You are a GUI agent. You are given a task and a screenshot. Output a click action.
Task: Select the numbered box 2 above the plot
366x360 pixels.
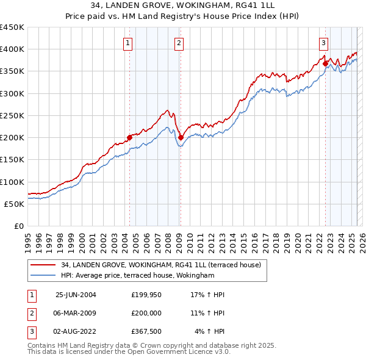coord(179,43)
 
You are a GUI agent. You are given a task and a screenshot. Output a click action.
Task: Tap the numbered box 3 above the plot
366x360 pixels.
coord(323,43)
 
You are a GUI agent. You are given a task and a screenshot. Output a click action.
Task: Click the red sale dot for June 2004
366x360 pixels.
coord(129,137)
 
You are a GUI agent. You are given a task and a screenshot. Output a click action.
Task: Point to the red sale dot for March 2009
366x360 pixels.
coord(180,137)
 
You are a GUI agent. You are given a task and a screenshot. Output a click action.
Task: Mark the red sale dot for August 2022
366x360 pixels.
coord(325,63)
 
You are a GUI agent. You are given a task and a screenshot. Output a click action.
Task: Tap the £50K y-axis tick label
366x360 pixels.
coord(15,204)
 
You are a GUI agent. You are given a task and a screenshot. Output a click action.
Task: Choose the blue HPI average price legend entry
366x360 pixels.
coord(137,276)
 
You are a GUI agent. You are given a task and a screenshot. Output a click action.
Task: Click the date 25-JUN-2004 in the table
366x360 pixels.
coord(76,295)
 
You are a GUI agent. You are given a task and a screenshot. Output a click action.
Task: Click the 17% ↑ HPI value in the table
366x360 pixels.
coord(208,295)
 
